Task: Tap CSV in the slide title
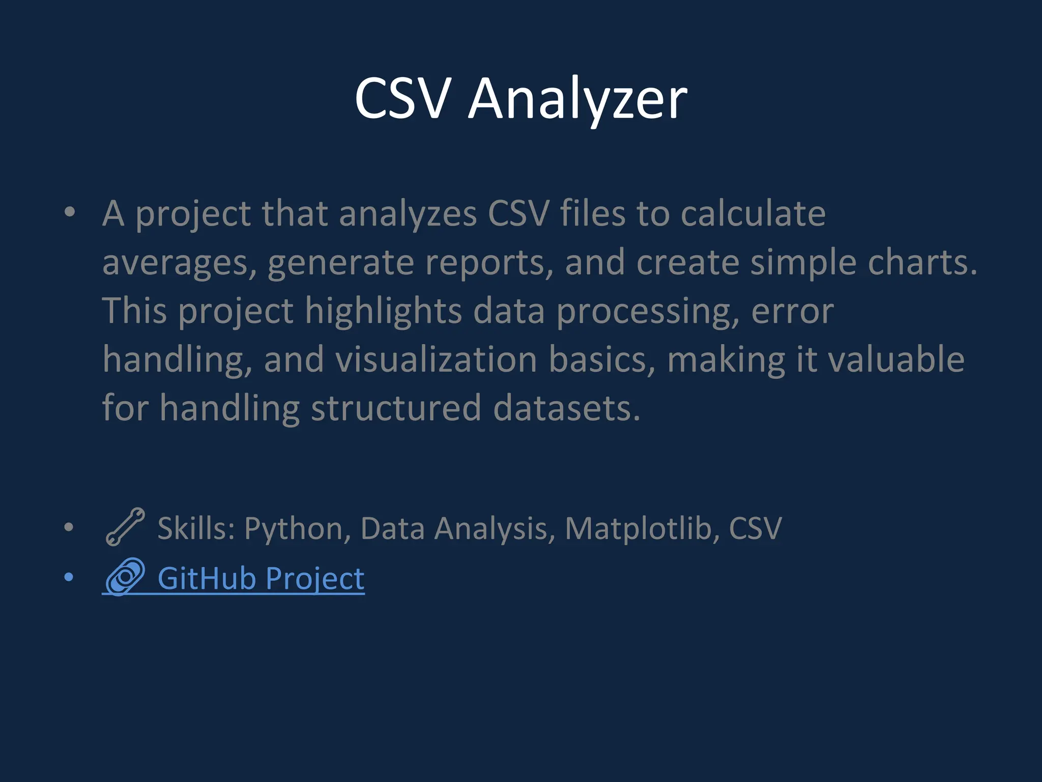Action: [x=402, y=98]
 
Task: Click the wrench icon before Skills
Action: [x=125, y=527]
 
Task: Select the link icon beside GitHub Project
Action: [x=125, y=577]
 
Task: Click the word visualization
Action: [x=437, y=359]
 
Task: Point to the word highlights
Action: [x=383, y=311]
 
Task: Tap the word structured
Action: [x=396, y=408]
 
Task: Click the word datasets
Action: [x=566, y=408]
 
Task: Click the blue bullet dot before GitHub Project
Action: [x=69, y=577]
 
